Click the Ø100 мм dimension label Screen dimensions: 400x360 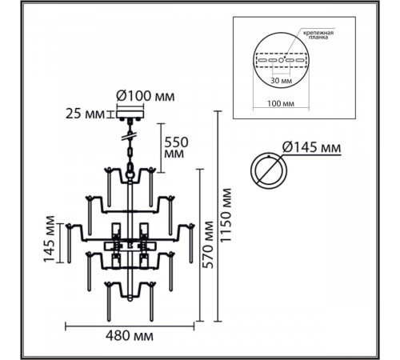[146, 96]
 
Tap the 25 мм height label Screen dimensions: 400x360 [85, 114]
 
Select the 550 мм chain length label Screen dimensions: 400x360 [176, 148]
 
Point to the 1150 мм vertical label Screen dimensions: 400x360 [226, 215]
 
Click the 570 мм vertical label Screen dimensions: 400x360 [208, 245]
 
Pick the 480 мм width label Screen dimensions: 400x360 [130, 336]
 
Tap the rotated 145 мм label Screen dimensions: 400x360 [50, 239]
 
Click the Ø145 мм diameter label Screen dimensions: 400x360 [311, 147]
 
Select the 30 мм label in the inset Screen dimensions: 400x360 [281, 81]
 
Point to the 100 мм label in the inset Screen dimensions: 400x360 [281, 103]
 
